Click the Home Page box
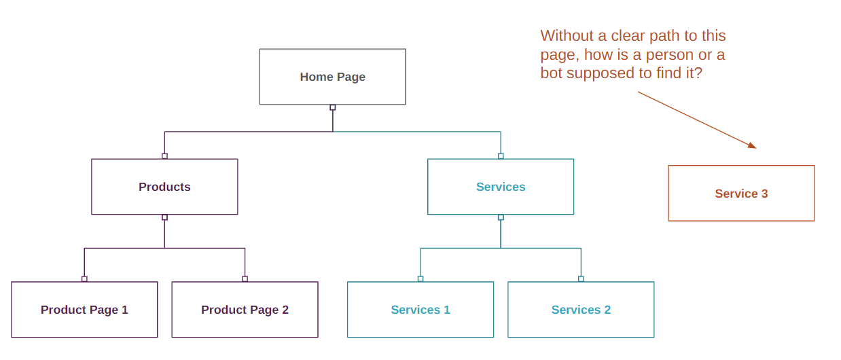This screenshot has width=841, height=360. pos(332,77)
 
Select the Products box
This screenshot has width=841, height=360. pos(164,187)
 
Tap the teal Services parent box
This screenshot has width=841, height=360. pos(501,187)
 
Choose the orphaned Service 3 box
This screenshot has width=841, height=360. pos(741,194)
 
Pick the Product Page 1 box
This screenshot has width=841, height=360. pos(84,310)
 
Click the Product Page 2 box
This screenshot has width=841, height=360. pos(245,310)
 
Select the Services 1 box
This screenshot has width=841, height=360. pos(420,310)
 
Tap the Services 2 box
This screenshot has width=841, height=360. pos(581,310)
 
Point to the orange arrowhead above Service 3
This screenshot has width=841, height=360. pos(752,145)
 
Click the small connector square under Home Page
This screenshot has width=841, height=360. pos(333,107)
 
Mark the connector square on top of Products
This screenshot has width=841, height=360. pos(164,156)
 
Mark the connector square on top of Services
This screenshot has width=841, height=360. pos(501,156)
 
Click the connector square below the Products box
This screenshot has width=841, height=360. pos(164,217)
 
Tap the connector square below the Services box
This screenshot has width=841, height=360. pos(501,217)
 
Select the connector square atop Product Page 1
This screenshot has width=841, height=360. pos(84,278)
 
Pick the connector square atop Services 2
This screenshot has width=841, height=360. pos(581,278)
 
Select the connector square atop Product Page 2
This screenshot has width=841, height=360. pos(245,278)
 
